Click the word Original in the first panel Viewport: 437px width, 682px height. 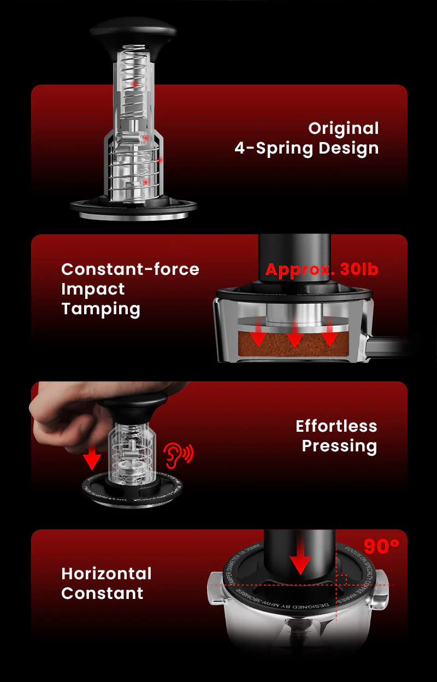click(343, 128)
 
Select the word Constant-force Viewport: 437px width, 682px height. click(130, 269)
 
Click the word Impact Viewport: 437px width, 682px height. click(93, 289)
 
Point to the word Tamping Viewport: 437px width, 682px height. click(101, 309)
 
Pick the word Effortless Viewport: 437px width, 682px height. click(336, 426)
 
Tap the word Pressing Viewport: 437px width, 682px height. click(339, 446)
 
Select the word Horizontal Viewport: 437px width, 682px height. click(106, 573)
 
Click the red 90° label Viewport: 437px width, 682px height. click(381, 546)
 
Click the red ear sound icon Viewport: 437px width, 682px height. click(178, 453)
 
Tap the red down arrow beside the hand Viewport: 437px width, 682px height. click(92, 457)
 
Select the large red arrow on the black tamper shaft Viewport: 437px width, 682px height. click(300, 560)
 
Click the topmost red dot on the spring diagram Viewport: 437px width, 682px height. click(133, 84)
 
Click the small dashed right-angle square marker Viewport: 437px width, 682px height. click(342, 579)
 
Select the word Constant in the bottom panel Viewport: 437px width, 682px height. click(102, 593)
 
